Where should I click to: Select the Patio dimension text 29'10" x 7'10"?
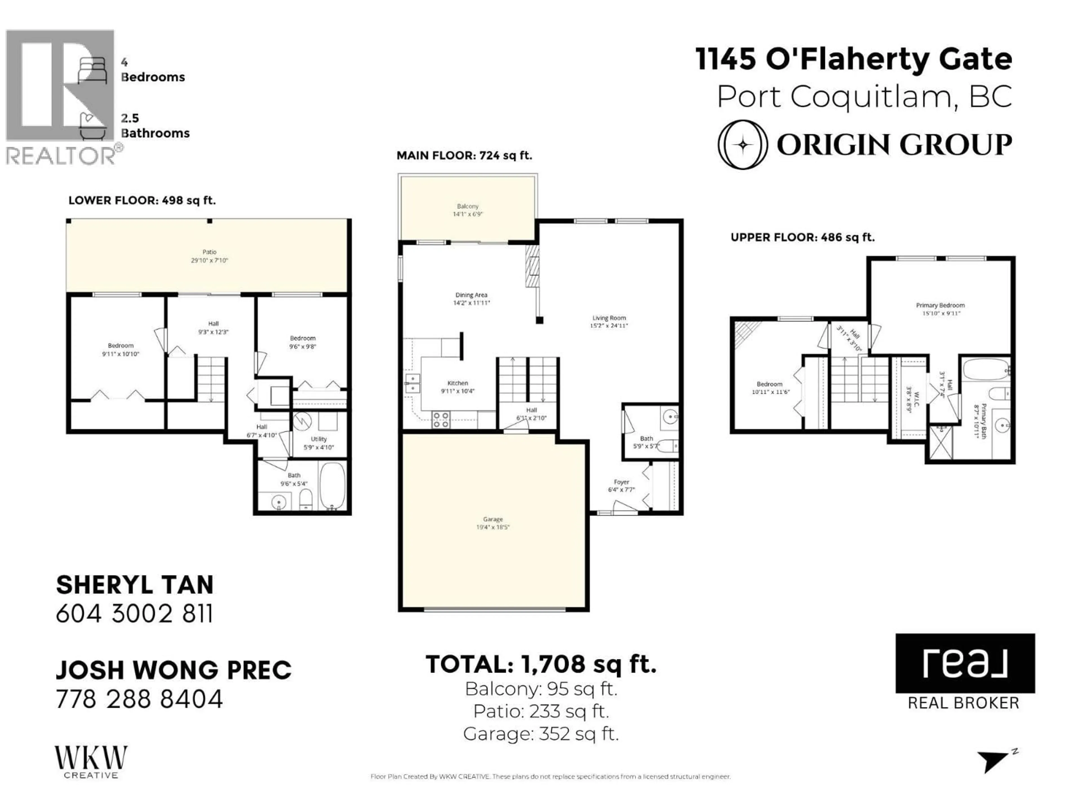coord(209,261)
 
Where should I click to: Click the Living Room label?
coord(609,318)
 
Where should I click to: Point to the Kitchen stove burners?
coord(441,420)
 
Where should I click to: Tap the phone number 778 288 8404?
coord(139,699)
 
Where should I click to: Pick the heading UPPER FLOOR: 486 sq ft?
coord(802,237)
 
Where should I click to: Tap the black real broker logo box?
coord(965,663)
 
